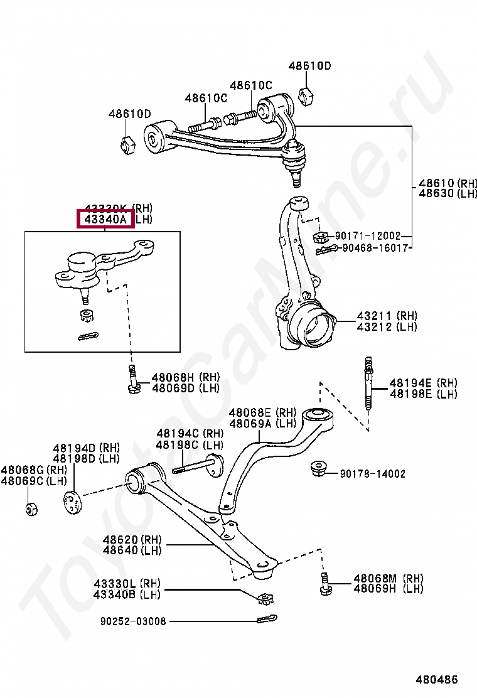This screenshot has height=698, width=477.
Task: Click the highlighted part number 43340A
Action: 105,219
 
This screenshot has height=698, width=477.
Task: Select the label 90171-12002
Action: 367,236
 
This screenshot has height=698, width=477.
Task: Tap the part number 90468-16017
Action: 376,248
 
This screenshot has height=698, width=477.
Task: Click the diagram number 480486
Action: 436,679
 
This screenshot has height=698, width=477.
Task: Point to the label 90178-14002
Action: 372,474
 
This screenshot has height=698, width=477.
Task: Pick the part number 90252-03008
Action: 133,621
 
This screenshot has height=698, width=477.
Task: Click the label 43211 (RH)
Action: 387,316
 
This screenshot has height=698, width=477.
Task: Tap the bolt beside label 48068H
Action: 132,379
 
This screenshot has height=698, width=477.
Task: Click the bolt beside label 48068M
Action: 325,584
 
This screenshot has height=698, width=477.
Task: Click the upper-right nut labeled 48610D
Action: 306,96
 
